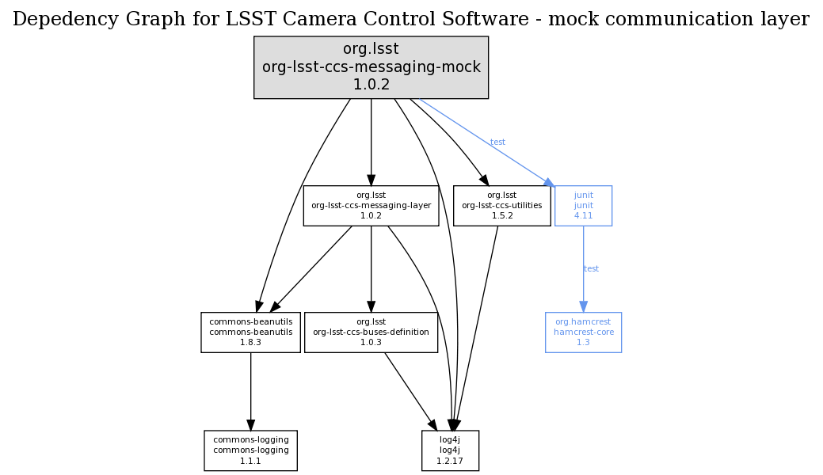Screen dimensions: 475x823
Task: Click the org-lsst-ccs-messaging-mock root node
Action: [x=371, y=67]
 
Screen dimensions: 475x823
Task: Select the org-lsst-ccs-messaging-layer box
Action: [x=371, y=205]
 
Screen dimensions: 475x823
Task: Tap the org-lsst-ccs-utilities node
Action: [x=501, y=205]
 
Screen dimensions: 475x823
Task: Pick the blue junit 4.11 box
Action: [x=583, y=205]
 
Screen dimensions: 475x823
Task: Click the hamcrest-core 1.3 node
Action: [x=583, y=332]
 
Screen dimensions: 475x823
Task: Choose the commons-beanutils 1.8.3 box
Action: [x=250, y=332]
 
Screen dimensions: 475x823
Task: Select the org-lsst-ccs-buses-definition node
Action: [x=371, y=332]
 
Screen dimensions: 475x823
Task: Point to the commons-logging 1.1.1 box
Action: [x=250, y=450]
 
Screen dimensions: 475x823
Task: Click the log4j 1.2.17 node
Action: [x=450, y=450]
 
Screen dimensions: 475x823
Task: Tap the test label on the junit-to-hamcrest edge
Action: [x=591, y=269]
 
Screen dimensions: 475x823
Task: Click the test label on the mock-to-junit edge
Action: [x=497, y=142]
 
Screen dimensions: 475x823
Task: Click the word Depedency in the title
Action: [x=57, y=19]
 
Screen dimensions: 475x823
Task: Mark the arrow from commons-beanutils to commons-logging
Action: [x=250, y=391]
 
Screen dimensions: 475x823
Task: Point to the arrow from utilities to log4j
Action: [x=478, y=325]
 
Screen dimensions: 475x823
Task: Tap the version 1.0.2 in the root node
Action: [x=371, y=84]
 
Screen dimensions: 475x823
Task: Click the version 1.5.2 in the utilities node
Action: [x=501, y=215]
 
